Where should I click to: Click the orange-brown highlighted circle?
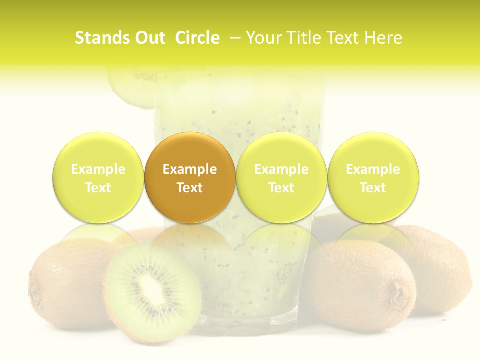[x=190, y=177]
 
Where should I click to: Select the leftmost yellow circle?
[x=98, y=177]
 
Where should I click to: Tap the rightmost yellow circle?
[x=373, y=177]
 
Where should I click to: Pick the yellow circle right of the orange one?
[x=281, y=177]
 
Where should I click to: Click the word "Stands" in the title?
[x=99, y=38]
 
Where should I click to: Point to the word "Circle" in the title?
[x=197, y=38]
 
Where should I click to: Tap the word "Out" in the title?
[x=149, y=38]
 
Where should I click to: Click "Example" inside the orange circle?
[x=190, y=169]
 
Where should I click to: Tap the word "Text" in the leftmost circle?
[x=98, y=188]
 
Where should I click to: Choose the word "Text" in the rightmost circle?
[x=373, y=188]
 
